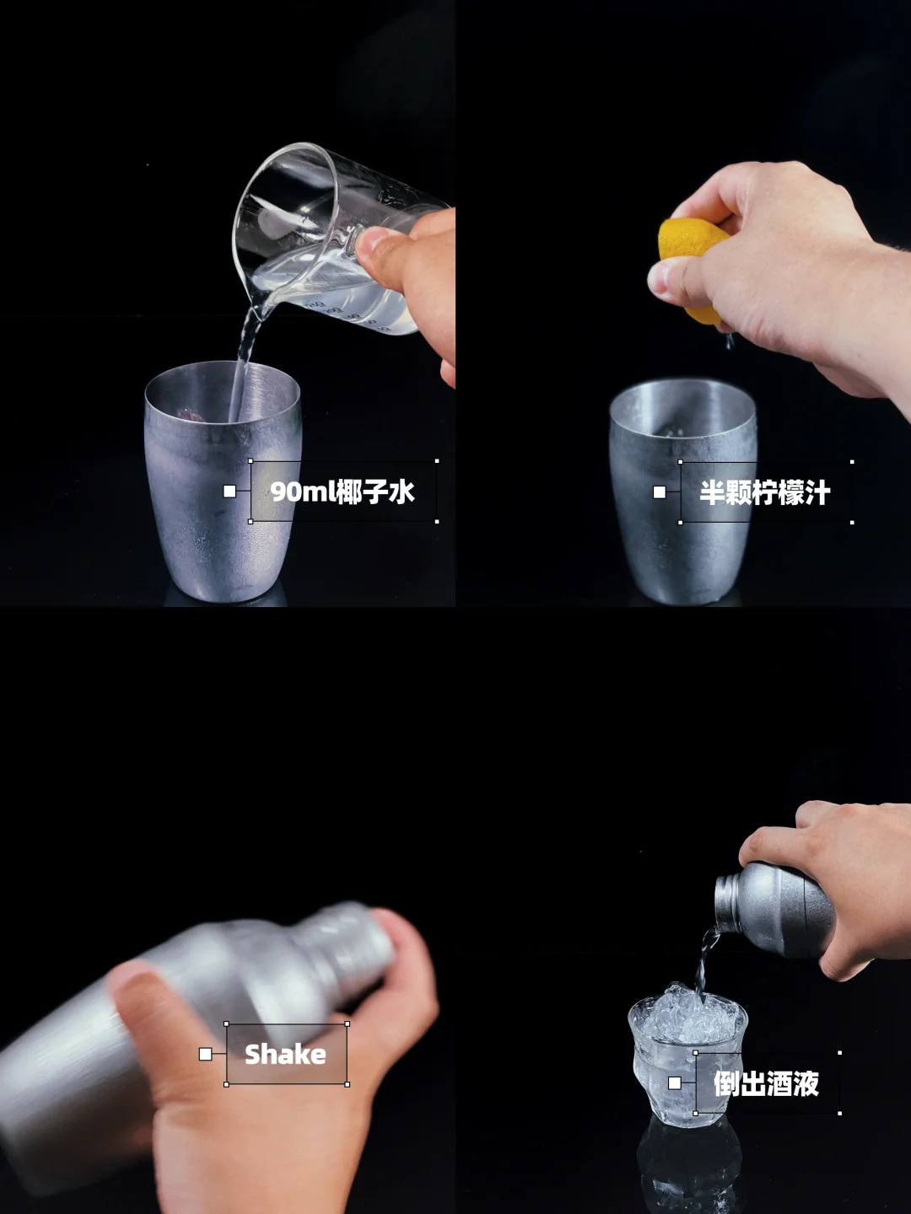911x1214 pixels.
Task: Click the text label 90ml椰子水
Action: [342, 492]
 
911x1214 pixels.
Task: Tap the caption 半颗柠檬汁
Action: [765, 492]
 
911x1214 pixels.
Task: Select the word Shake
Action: [285, 1054]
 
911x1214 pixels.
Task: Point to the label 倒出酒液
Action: [766, 1083]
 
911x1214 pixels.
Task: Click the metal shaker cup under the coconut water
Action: [223, 481]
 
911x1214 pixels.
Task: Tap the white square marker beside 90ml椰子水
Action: [229, 492]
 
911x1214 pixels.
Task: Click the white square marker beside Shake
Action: [205, 1054]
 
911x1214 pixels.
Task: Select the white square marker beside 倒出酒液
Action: [674, 1083]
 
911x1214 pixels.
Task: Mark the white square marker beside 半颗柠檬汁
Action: [660, 492]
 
